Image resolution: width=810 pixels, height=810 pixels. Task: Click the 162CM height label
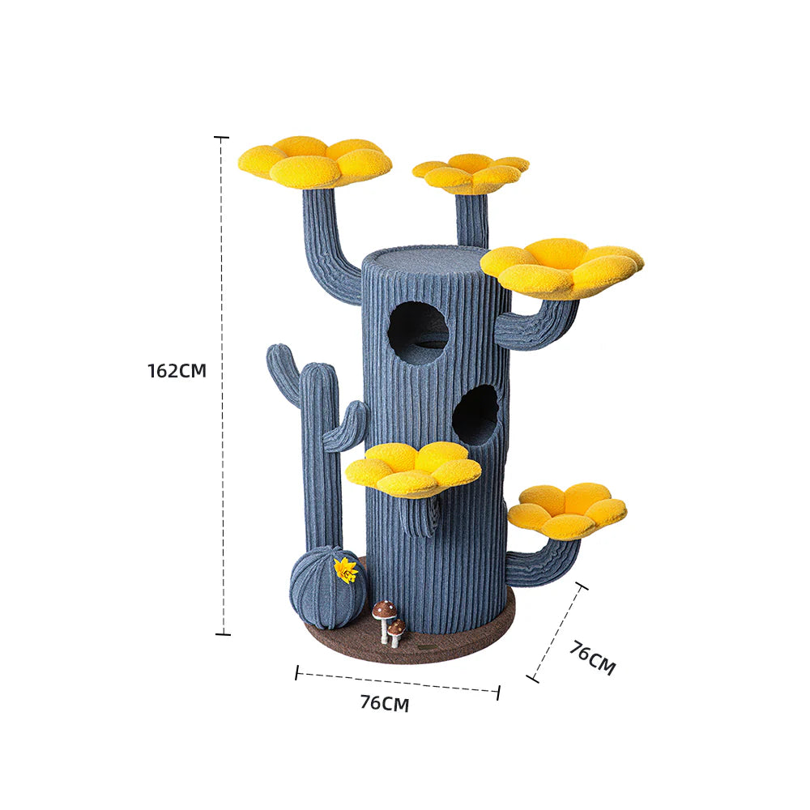(x=177, y=371)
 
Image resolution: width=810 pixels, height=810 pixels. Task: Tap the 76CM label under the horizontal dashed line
(x=384, y=703)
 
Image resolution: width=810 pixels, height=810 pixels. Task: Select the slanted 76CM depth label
(x=592, y=658)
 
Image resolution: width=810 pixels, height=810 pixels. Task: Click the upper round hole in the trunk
(x=418, y=332)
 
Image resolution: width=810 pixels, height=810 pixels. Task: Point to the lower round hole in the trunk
(x=475, y=415)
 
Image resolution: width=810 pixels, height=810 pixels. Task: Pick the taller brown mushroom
(x=384, y=614)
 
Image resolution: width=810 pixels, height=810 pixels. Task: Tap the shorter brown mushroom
(x=396, y=629)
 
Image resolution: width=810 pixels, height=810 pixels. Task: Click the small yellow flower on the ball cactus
(x=346, y=570)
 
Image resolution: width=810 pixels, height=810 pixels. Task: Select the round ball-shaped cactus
(x=326, y=587)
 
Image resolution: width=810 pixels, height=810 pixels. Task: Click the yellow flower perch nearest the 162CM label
(x=314, y=161)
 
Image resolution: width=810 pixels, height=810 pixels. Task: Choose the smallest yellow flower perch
(x=471, y=172)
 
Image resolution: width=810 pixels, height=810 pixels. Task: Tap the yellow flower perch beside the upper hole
(x=562, y=266)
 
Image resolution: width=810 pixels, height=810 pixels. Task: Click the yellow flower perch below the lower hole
(x=414, y=468)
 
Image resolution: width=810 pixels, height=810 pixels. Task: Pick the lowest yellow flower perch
(x=568, y=509)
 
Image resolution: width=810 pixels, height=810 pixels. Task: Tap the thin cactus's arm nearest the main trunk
(x=346, y=426)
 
